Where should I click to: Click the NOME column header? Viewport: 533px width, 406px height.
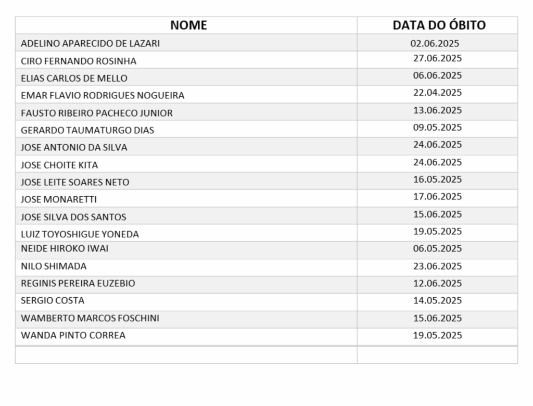pyautogui.click(x=188, y=25)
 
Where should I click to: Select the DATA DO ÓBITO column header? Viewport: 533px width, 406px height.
pyautogui.click(x=439, y=25)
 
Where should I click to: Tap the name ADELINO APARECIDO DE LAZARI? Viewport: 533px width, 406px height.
pyautogui.click(x=90, y=43)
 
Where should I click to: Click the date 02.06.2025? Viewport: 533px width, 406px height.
pyautogui.click(x=435, y=43)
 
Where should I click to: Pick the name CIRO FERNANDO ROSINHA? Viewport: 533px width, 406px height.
pyautogui.click(x=79, y=61)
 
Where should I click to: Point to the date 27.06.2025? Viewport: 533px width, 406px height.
pyautogui.click(x=437, y=58)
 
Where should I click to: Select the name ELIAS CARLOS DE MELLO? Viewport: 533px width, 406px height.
pyautogui.click(x=74, y=78)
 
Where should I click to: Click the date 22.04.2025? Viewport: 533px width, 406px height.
pyautogui.click(x=437, y=93)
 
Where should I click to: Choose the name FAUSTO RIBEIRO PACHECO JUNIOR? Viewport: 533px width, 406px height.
pyautogui.click(x=97, y=113)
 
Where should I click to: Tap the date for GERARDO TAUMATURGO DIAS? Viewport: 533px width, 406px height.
pyautogui.click(x=437, y=128)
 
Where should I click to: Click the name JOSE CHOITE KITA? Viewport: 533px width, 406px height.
pyautogui.click(x=59, y=165)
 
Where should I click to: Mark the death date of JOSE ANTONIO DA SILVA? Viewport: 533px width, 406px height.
pyautogui.click(x=437, y=145)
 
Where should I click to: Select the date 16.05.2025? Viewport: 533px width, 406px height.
pyautogui.click(x=437, y=180)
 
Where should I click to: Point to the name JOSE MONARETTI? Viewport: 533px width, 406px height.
pyautogui.click(x=59, y=199)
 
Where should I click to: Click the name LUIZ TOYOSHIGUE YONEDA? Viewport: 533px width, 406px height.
pyautogui.click(x=80, y=234)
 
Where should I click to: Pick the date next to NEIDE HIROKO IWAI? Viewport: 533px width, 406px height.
pyautogui.click(x=437, y=249)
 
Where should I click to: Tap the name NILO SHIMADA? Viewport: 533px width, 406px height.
pyautogui.click(x=54, y=266)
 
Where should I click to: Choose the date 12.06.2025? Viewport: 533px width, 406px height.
pyautogui.click(x=437, y=284)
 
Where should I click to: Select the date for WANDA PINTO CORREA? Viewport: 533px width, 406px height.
pyautogui.click(x=437, y=336)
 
